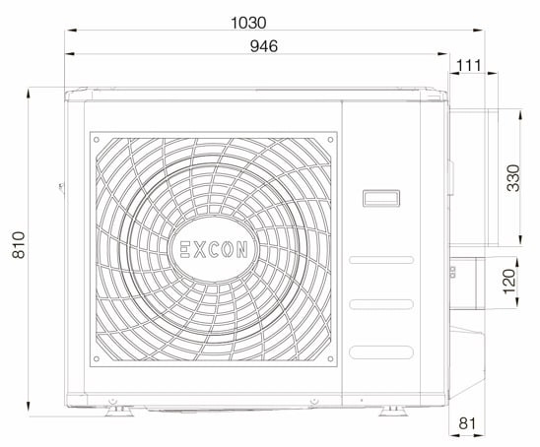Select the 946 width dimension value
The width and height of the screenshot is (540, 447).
pyautogui.click(x=262, y=45)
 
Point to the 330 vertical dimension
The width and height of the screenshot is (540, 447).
pyautogui.click(x=512, y=178)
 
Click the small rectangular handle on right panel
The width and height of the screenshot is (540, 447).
pyautogui.click(x=379, y=198)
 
